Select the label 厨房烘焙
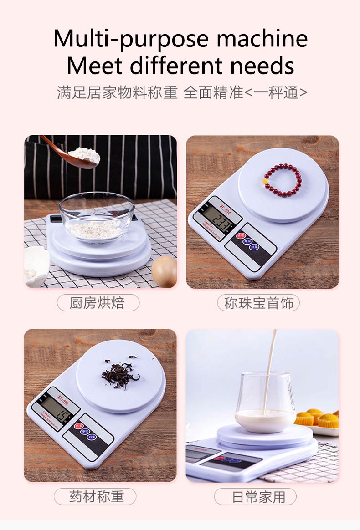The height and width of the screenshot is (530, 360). point(98,303)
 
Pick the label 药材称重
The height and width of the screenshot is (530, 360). point(96,496)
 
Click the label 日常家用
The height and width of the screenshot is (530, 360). point(258,496)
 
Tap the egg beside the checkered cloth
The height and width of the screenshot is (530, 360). point(164,271)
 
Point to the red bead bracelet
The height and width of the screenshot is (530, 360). point(283,180)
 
